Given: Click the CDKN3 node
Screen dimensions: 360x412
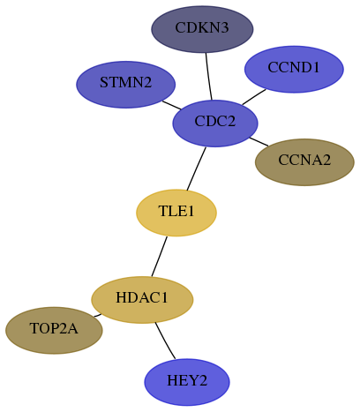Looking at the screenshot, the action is point(202,29).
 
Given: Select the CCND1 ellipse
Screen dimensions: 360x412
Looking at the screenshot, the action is point(294,69).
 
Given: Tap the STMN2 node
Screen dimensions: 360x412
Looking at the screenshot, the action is point(126,85).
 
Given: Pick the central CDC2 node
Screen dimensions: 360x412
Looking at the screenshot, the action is point(215,124).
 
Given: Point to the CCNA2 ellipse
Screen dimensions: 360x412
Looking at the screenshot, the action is point(304,162).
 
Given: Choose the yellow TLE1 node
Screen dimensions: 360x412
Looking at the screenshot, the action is point(176,213).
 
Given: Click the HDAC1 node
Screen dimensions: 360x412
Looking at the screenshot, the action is point(142,300).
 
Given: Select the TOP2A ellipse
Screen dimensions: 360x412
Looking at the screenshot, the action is point(54,331).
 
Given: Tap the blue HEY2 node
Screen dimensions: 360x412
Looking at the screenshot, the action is point(187,382).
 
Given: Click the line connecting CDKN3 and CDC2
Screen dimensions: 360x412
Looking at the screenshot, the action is point(208,76).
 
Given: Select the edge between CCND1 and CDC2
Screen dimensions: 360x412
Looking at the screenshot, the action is point(254,97).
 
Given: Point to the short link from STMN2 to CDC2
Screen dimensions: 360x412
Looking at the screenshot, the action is point(172,105).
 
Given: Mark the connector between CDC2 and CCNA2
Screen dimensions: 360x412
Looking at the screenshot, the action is point(259,141).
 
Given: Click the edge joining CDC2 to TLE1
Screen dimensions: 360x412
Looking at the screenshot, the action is point(196,169).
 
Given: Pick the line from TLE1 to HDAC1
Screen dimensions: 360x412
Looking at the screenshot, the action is point(159,256).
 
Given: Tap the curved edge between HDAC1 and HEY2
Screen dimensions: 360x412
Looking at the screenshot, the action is point(164,341).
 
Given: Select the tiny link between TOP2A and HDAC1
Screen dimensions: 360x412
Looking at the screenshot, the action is point(97,316).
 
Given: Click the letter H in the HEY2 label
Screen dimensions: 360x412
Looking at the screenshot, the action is point(172,380).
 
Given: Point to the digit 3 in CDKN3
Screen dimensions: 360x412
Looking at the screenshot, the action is point(224,28).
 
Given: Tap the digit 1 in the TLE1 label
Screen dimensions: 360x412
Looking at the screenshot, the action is point(191,211).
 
